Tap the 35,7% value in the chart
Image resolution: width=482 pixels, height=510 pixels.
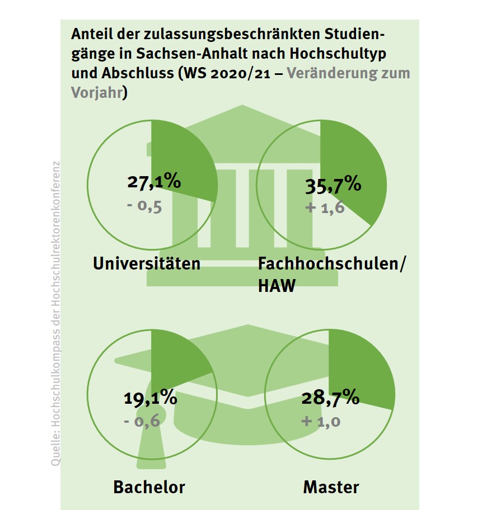point(333,185)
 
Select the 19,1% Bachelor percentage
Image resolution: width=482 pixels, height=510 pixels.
point(149,399)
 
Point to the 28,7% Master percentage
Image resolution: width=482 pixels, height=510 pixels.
point(330,398)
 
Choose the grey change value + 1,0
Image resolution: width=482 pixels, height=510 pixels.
point(321,421)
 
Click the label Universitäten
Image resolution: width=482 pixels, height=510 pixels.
point(147,263)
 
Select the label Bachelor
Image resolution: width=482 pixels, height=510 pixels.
point(149,487)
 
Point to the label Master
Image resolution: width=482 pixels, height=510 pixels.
point(331,487)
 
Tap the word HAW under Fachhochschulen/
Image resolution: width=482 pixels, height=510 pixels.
point(277,286)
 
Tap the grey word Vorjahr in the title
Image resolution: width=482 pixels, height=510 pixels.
point(96,92)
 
